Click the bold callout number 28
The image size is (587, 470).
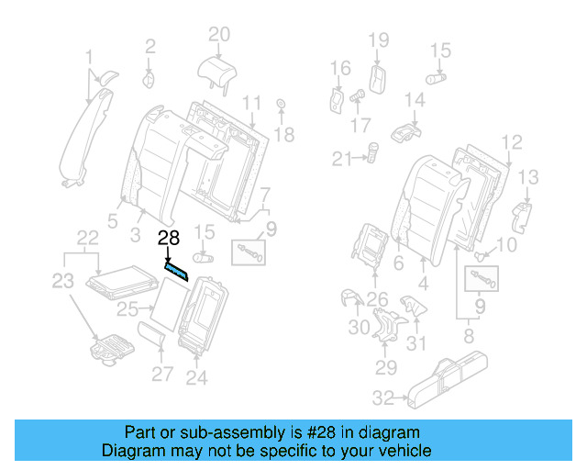[x=168, y=239]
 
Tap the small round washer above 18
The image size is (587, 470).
[x=280, y=105]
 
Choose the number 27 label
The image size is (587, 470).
[x=161, y=374]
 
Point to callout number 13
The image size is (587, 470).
[x=528, y=176]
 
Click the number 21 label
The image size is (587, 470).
[x=342, y=159]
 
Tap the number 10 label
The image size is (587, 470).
[x=507, y=244]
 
